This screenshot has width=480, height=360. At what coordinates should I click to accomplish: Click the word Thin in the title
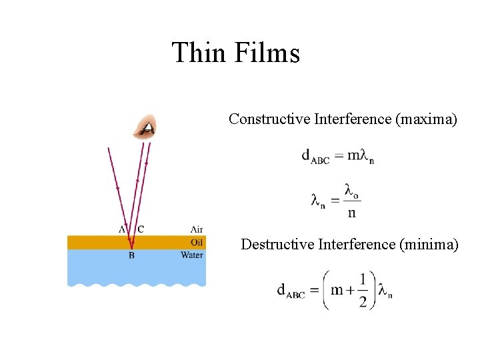[x=198, y=53]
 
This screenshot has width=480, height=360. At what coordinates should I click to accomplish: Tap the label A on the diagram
[x=122, y=229]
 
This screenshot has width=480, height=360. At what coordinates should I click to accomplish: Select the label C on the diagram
[x=141, y=229]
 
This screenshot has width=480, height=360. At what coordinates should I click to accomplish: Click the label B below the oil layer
[x=131, y=255]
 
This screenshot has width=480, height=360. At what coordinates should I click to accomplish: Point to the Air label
[x=197, y=229]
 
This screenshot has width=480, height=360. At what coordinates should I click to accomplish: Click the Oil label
[x=197, y=242]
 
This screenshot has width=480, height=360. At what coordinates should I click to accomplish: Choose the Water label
[x=192, y=255]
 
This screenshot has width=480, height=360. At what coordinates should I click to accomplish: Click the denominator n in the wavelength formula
[x=352, y=213]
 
